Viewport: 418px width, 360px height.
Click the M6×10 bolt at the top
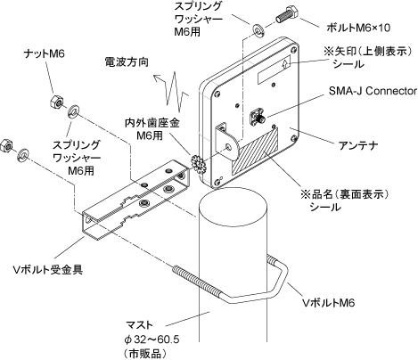287,14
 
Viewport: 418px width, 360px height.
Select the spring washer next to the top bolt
258,31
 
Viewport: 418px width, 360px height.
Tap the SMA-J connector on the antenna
258,116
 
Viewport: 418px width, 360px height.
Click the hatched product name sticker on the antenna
256,151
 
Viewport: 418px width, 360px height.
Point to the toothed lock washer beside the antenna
197,162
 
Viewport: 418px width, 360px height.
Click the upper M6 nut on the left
56,102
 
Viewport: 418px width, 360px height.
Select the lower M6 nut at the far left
6,146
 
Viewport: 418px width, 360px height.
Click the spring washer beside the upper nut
73,111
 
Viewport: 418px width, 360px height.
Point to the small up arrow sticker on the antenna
285,63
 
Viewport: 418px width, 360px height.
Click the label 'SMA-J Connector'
373,91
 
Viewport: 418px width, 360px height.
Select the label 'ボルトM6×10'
358,28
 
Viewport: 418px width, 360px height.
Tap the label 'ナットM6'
45,53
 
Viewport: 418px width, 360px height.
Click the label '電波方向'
127,62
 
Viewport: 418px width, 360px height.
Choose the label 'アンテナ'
358,145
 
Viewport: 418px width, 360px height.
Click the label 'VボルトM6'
328,303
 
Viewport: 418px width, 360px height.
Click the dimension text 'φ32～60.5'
152,340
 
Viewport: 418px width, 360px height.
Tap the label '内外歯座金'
152,123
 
